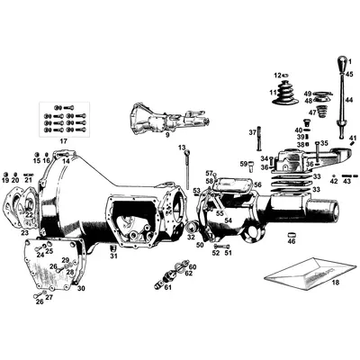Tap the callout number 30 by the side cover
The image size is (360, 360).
coord(81,288)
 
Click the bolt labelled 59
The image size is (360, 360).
coord(250,164)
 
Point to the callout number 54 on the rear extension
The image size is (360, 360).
coord(228,220)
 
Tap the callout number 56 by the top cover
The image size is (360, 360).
coord(256,184)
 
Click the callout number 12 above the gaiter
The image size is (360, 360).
coord(276,75)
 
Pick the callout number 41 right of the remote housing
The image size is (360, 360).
coord(354,138)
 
